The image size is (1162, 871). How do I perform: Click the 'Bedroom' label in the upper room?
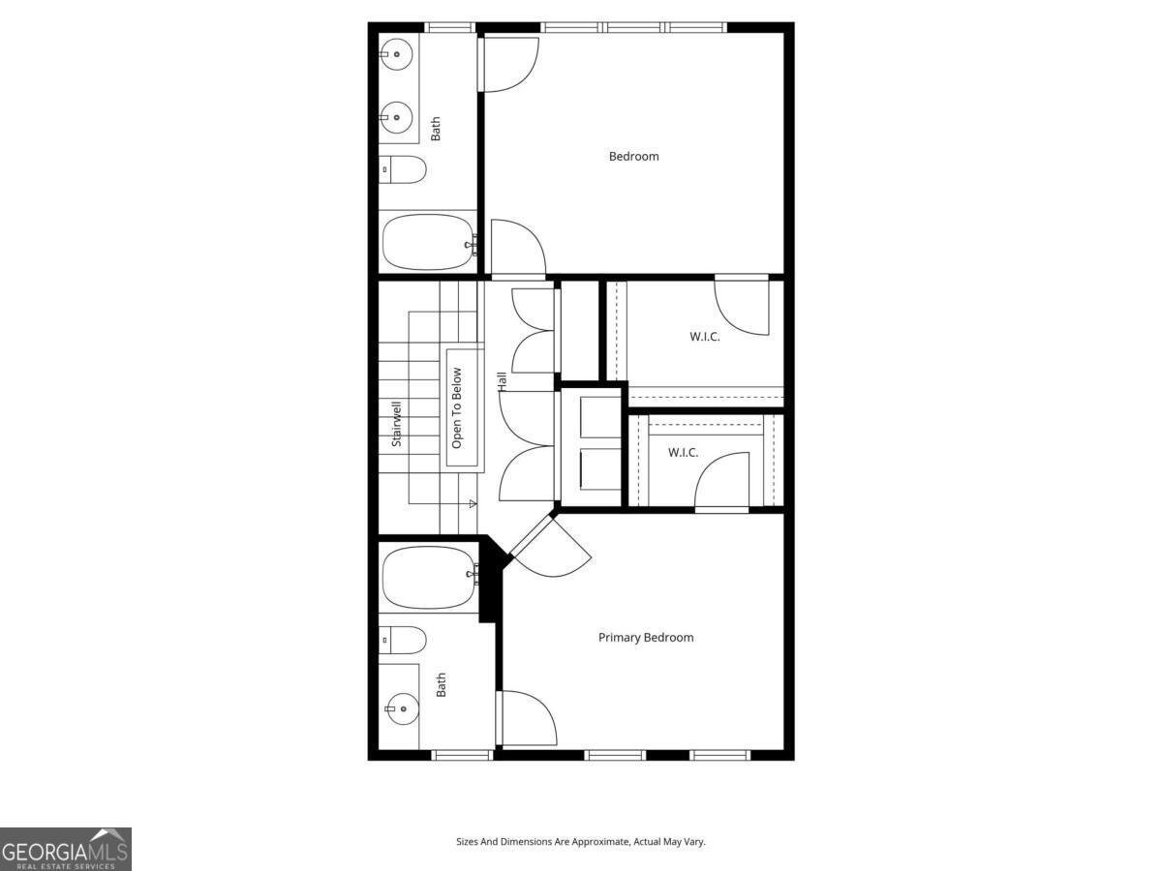click(633, 156)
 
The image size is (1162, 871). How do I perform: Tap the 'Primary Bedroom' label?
click(646, 637)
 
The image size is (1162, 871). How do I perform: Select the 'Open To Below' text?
click(457, 407)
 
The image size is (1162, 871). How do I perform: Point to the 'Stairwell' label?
click(396, 423)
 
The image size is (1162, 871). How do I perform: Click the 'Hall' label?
click(503, 381)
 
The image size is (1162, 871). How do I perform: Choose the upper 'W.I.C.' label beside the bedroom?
click(704, 337)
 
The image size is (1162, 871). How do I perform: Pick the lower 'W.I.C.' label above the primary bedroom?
click(683, 452)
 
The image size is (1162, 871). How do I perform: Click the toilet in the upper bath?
click(403, 169)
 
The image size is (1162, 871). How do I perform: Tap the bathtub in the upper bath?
click(427, 242)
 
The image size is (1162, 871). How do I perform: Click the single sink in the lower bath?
click(398, 708)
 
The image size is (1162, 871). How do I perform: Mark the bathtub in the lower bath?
click(427, 578)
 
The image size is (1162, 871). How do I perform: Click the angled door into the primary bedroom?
click(550, 547)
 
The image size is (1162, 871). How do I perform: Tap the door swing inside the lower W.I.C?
click(721, 479)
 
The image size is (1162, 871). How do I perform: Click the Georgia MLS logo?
click(65, 849)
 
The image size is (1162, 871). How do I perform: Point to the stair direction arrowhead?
click(474, 503)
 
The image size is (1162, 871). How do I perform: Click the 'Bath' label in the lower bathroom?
click(442, 685)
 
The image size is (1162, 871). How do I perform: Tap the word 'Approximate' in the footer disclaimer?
click(602, 842)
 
